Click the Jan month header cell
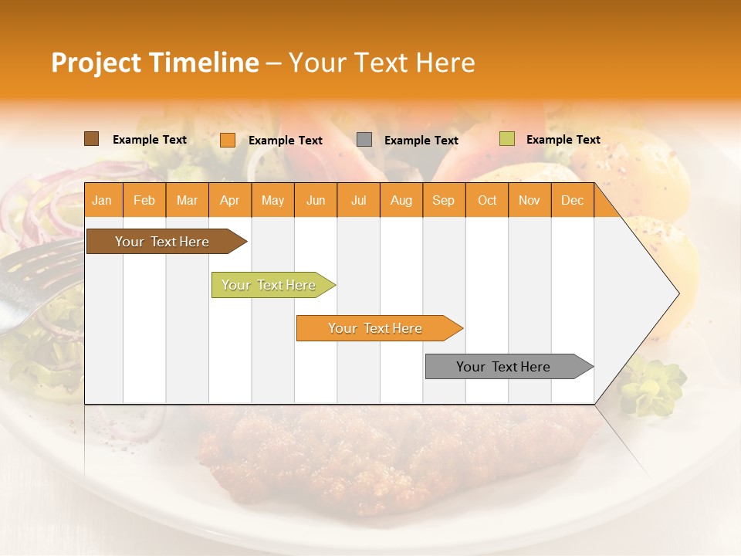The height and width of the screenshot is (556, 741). click(x=103, y=200)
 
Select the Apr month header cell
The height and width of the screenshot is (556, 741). click(x=230, y=200)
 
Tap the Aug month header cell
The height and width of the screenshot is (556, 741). click(x=401, y=200)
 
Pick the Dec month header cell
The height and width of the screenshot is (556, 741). click(x=572, y=200)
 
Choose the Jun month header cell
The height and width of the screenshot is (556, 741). click(x=316, y=200)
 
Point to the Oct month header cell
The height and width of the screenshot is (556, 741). click(x=487, y=200)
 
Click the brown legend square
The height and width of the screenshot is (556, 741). click(x=91, y=139)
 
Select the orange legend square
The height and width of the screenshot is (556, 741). click(x=227, y=140)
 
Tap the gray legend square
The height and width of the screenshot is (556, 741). click(x=364, y=140)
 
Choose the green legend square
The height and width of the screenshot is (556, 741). click(x=506, y=139)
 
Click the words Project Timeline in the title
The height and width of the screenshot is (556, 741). click(x=154, y=63)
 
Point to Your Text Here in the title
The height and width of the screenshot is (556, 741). click(x=381, y=63)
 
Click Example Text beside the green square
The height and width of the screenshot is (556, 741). click(x=563, y=140)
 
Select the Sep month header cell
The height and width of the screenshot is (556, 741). click(x=444, y=200)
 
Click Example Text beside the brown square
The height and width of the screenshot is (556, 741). click(x=149, y=140)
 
